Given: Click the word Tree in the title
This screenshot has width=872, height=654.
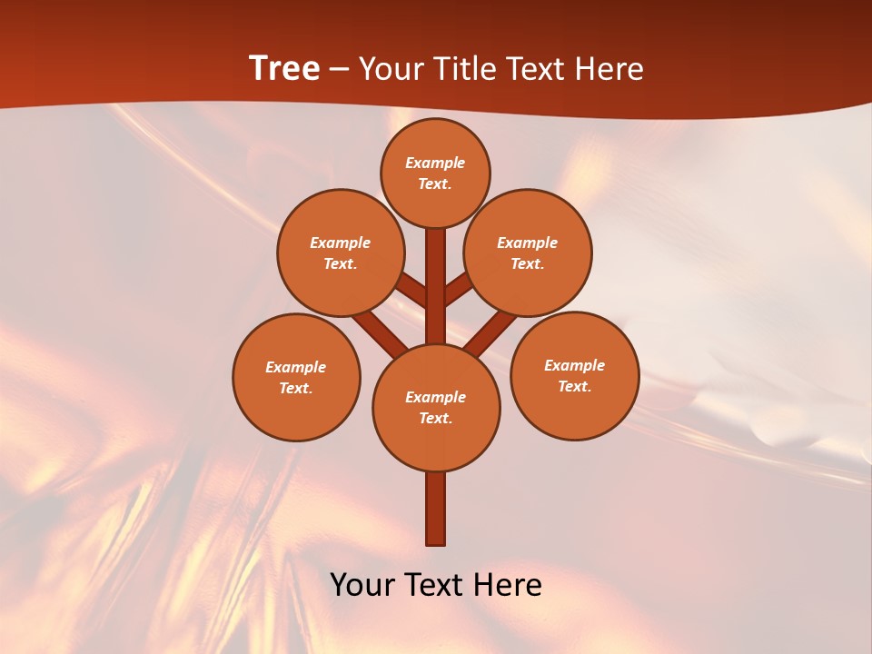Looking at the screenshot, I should point(284,68).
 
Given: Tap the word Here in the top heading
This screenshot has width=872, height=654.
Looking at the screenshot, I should point(609,69).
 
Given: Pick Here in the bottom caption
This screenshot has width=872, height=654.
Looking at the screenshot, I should point(508,584).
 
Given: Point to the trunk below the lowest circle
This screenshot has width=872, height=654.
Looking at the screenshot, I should point(436,509).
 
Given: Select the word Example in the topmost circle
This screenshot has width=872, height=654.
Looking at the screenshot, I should point(435,163).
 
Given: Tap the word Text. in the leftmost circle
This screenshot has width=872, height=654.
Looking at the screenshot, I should point(296,388).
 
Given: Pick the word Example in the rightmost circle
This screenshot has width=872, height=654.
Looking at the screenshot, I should point(574,365).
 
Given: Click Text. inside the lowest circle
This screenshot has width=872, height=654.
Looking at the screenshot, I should point(435,418).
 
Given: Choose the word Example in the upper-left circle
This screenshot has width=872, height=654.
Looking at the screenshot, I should point(341,243).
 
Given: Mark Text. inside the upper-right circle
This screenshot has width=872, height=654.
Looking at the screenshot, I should point(527,263).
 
